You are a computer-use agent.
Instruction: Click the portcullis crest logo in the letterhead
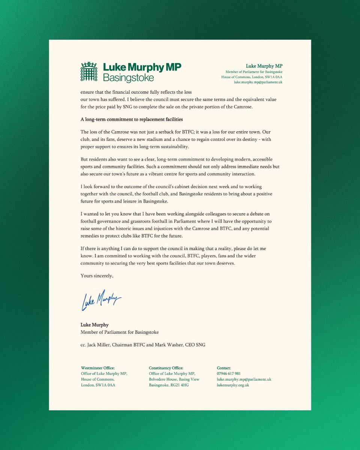point(89,72)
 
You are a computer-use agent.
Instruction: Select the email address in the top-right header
point(258,82)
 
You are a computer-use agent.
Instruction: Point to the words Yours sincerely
point(97,276)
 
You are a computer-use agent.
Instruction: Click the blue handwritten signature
point(101,299)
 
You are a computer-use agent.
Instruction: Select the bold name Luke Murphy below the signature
point(94,325)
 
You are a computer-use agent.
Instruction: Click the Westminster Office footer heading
point(97,368)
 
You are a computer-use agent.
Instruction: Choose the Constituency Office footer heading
point(166,368)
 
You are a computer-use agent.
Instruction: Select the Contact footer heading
point(224,368)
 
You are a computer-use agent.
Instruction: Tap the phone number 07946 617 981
point(229,373)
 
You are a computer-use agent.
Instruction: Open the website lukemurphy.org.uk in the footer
point(233,385)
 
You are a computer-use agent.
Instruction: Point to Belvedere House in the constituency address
point(164,379)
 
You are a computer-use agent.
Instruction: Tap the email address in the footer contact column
point(244,379)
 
